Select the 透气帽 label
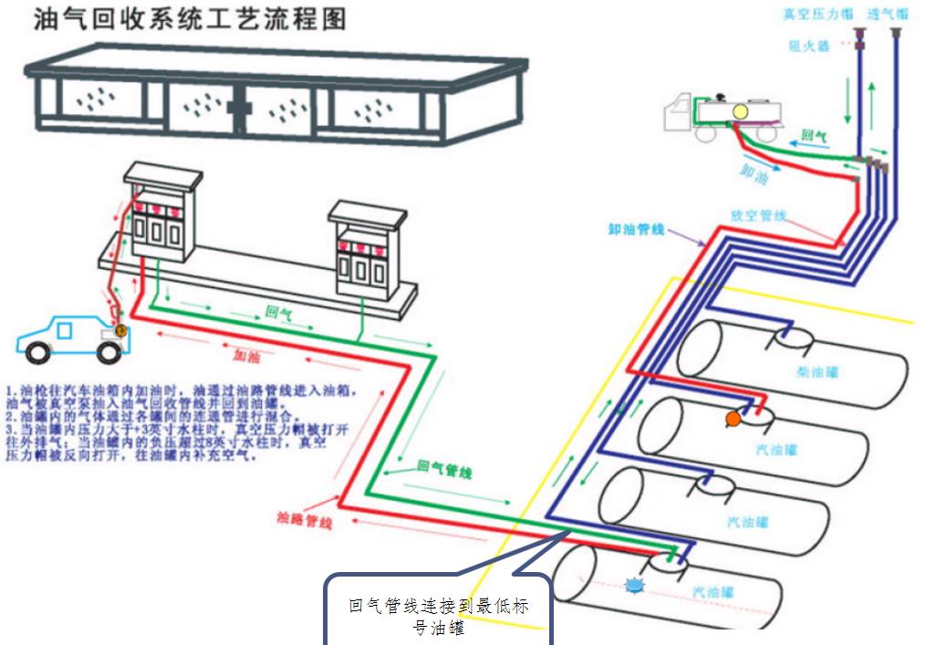[x=888, y=15]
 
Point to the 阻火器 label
[x=809, y=46]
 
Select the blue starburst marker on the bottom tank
[x=634, y=586]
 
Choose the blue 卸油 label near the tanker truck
[x=754, y=171]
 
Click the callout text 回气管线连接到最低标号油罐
[x=438, y=617]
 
